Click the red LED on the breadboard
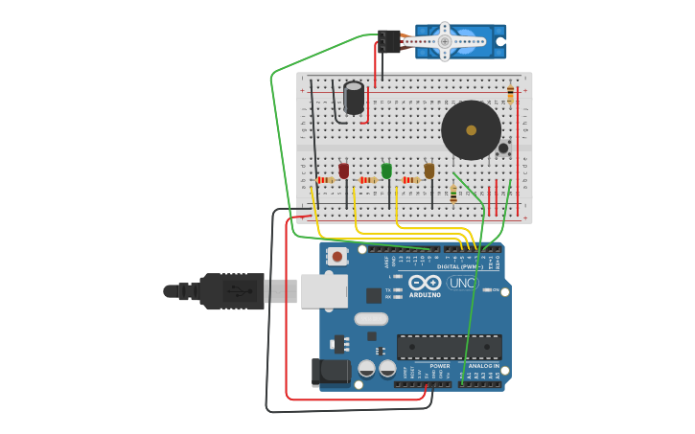point(344,170)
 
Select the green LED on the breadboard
point(386,170)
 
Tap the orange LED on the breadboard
point(429,170)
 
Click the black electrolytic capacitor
point(354,98)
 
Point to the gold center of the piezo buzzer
point(471,129)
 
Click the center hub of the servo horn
point(444,41)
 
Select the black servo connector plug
point(388,41)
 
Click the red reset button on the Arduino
point(336,256)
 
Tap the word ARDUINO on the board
point(426,294)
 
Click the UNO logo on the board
point(462,283)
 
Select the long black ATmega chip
point(449,346)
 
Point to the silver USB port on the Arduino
point(324,290)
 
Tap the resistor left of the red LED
point(325,180)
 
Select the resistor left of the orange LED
point(411,180)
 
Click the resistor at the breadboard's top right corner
point(510,93)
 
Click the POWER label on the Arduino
point(439,366)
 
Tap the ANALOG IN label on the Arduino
point(483,366)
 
